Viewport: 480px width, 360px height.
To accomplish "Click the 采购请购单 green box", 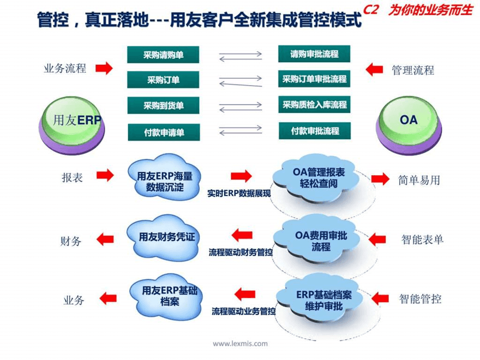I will click(x=164, y=54).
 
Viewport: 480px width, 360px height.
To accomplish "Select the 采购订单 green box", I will click(x=164, y=80).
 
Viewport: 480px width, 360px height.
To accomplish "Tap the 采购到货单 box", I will click(x=164, y=105).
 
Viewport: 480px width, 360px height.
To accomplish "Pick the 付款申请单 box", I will click(x=164, y=131).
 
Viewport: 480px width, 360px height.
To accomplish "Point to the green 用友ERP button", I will click(x=71, y=121).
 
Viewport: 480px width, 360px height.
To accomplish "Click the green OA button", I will click(x=409, y=120).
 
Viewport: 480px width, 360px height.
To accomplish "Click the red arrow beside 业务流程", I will click(x=104, y=68).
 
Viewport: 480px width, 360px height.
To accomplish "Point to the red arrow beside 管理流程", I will click(x=375, y=69).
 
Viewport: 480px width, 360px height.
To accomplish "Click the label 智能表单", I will click(x=422, y=240).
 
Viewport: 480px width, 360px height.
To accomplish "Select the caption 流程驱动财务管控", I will click(x=241, y=252).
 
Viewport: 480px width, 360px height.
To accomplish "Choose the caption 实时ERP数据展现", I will click(x=239, y=193).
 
